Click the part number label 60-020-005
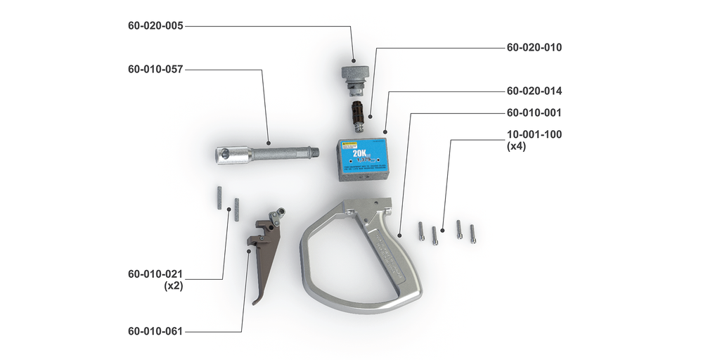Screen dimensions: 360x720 click(155, 26)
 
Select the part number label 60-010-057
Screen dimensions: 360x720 click(155, 70)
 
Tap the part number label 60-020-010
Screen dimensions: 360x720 click(534, 48)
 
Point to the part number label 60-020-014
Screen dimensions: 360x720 click(534, 91)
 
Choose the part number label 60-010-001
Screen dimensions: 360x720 click(534, 112)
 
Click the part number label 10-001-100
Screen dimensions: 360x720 click(534, 134)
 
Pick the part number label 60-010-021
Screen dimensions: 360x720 click(155, 274)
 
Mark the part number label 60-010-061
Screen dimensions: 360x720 click(155, 331)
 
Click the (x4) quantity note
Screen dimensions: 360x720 click(517, 147)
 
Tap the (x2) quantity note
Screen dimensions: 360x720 click(173, 286)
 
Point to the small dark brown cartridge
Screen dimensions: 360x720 click(359, 115)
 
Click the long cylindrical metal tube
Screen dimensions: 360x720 click(268, 151)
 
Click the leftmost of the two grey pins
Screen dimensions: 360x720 click(219, 197)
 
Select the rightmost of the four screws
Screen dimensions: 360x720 click(472, 233)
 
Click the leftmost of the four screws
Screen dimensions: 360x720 click(420, 231)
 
